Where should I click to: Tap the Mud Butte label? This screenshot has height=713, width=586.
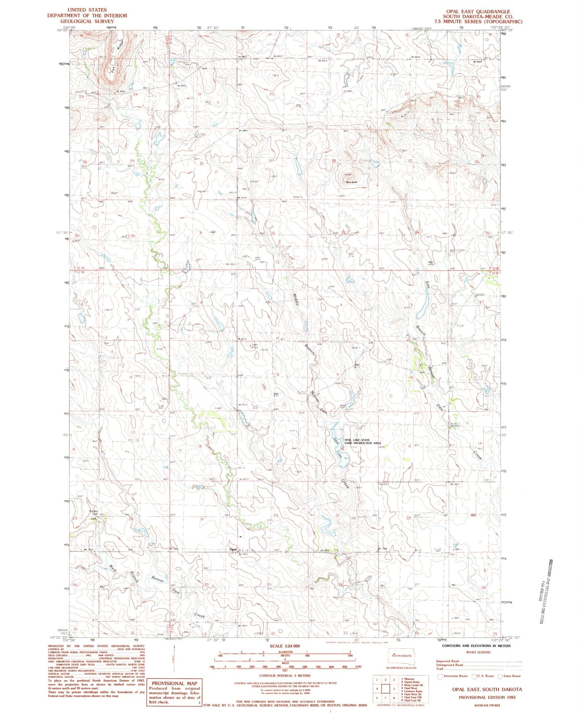pyautogui.click(x=351, y=182)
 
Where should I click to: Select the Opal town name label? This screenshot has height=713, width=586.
pyautogui.click(x=233, y=549)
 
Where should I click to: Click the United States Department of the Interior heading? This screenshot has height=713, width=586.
pyautogui.click(x=87, y=15)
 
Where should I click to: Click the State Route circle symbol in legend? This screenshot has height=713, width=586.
pyautogui.click(x=500, y=676)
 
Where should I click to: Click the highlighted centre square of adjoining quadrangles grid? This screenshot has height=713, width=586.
pyautogui.click(x=386, y=689)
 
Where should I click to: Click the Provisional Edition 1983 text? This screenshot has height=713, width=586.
pyautogui.click(x=487, y=697)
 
